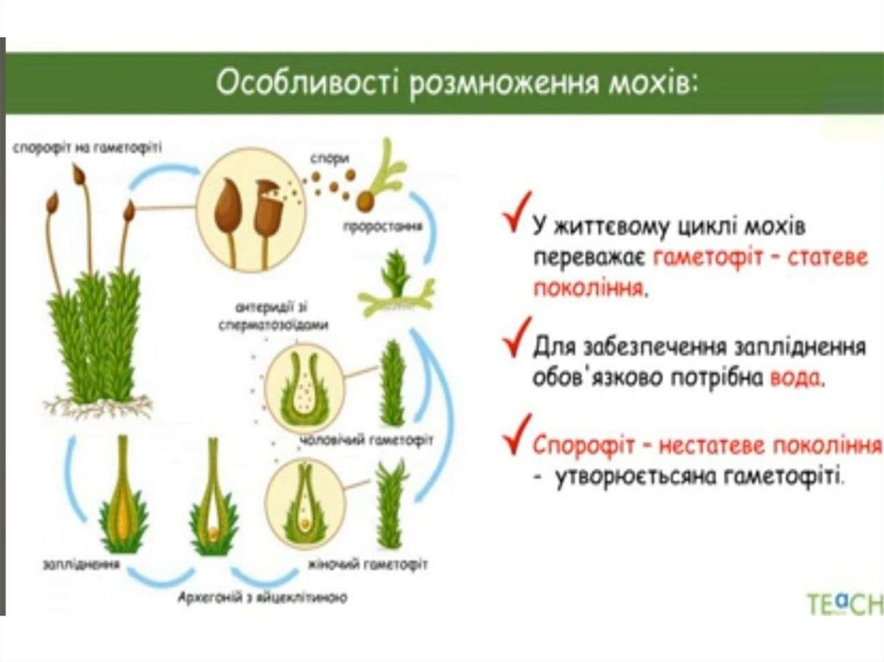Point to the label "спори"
coord(331,158)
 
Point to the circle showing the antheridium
coord(304,388)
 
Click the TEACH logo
coord(844,602)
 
